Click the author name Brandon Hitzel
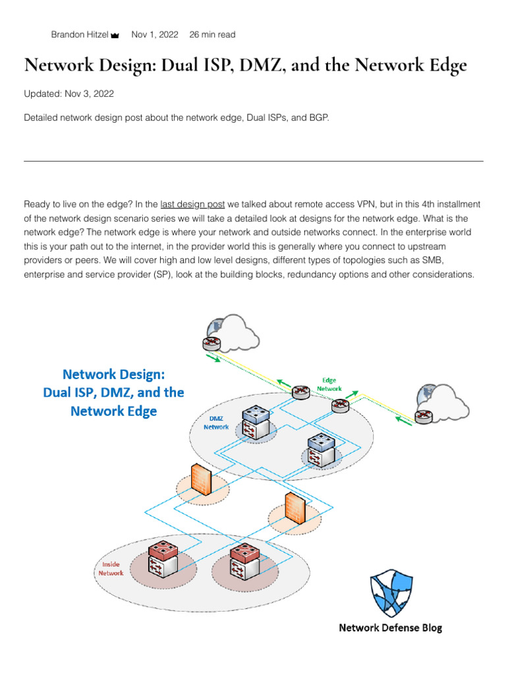80,35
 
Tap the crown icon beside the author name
115,36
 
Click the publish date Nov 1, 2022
155,35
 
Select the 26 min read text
212,35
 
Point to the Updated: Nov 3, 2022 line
69,94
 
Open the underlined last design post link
192,204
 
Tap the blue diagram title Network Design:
113,374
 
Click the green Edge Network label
329,384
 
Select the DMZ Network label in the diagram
215,423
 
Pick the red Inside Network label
111,569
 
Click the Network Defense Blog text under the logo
390,628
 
